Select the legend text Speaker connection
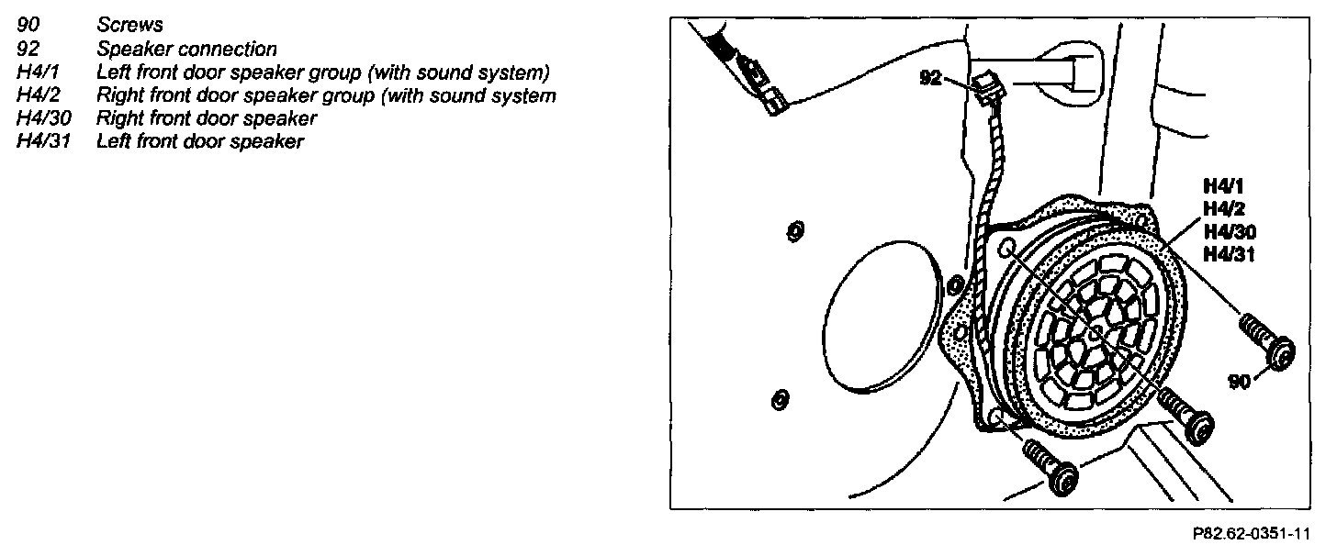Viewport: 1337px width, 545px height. point(186,50)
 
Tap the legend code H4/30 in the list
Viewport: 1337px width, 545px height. point(44,118)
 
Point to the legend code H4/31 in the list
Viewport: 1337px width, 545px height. point(44,141)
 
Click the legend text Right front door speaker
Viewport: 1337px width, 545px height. point(207,118)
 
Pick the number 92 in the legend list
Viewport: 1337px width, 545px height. point(28,50)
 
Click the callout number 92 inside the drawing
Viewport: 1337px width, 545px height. point(930,79)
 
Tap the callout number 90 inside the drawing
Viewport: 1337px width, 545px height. point(1240,381)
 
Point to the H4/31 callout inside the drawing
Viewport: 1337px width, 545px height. point(1229,254)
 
